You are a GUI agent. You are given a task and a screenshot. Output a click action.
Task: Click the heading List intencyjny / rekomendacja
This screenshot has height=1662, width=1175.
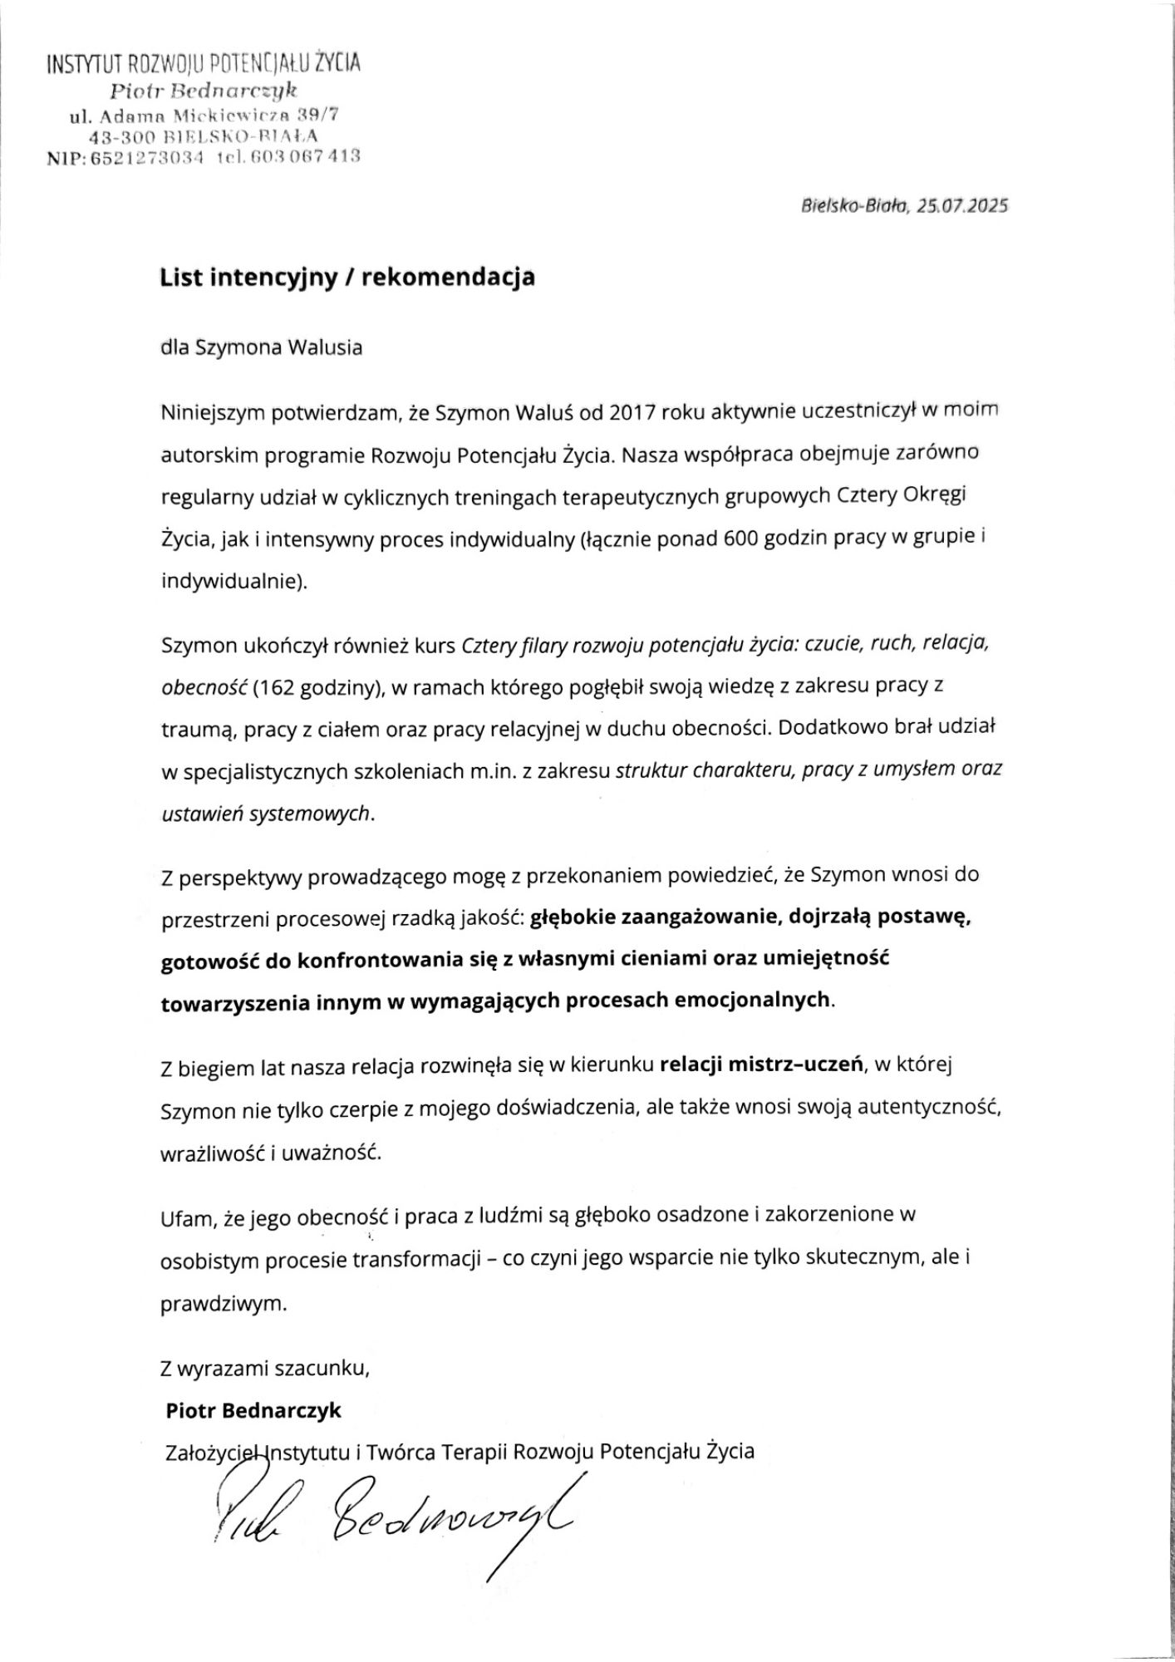point(347,278)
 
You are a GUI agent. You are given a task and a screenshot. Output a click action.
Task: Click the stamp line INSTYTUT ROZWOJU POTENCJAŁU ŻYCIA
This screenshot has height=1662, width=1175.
point(204,63)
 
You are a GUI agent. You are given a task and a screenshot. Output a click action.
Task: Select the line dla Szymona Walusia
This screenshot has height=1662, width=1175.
point(261,347)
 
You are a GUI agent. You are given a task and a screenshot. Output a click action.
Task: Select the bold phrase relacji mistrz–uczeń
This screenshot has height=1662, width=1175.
point(760,1065)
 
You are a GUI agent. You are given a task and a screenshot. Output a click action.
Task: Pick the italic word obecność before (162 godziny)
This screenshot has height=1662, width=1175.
point(203,687)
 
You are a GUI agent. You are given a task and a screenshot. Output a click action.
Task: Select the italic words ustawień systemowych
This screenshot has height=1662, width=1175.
point(267,814)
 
